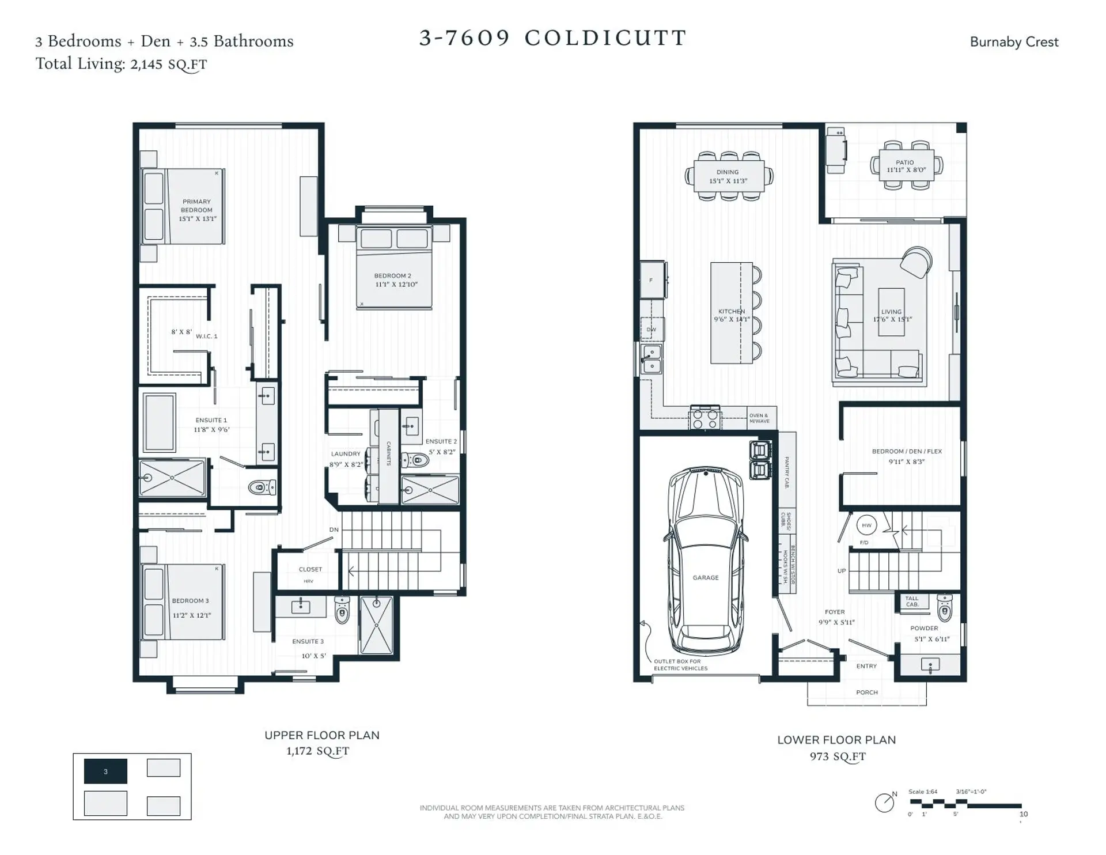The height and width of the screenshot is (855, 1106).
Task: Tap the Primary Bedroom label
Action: pos(196,206)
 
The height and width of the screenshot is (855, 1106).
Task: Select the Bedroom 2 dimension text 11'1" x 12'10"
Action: pos(396,285)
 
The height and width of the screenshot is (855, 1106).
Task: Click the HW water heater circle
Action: pos(866,525)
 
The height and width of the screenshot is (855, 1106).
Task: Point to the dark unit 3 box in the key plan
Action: pos(105,771)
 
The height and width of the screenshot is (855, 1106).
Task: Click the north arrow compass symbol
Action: pos(884,803)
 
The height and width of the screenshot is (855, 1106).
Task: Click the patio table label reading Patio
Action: pos(904,162)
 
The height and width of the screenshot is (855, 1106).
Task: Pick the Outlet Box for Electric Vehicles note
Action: pos(680,665)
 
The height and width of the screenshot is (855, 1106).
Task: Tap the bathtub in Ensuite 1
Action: pos(159,422)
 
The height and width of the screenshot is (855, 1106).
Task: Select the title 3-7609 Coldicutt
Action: pos(552,38)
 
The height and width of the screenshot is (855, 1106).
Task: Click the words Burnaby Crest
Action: pos(1014,42)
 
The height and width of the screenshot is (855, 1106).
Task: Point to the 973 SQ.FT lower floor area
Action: pos(837,756)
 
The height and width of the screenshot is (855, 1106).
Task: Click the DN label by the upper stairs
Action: pos(334,529)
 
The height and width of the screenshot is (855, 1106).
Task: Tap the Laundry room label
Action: pos(346,454)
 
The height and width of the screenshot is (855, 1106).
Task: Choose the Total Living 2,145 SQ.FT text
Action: pos(121,64)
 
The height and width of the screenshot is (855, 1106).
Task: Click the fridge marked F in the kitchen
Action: pos(652,281)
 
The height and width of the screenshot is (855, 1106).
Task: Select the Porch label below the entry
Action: pos(866,693)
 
